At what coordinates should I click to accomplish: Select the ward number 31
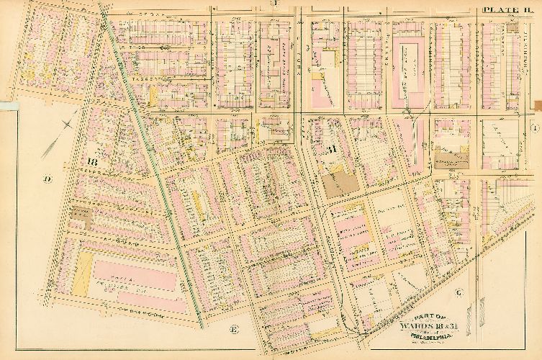pyautogui.click(x=332, y=150)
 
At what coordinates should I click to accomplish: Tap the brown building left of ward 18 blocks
pyautogui.click(x=77, y=214)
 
